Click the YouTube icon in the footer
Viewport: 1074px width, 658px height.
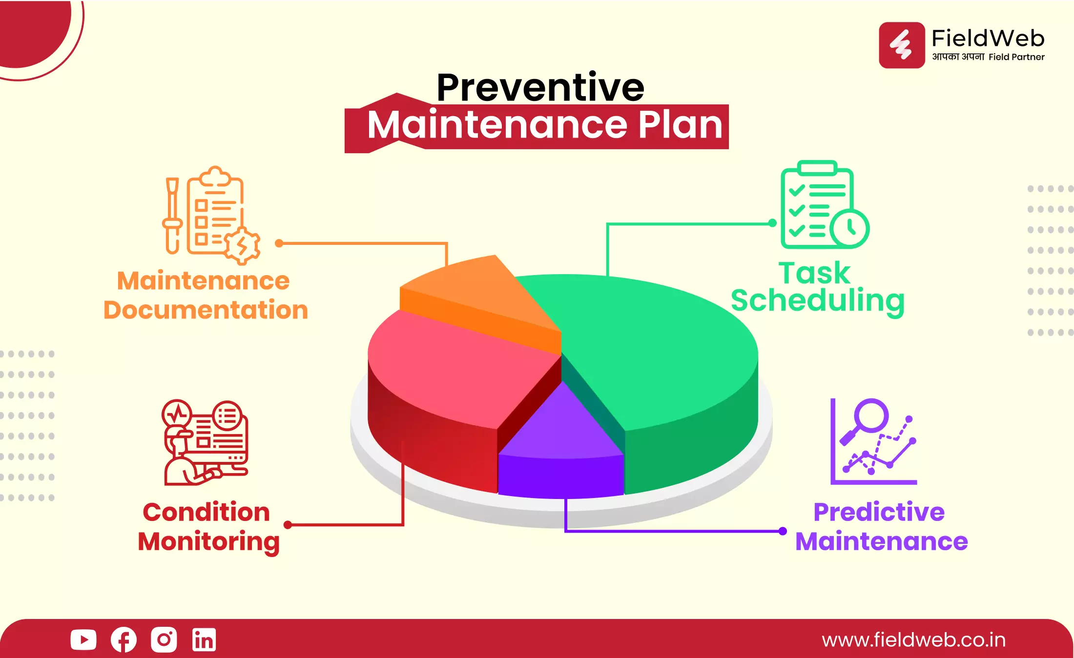pos(83,639)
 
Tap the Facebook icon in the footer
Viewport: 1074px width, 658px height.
pos(124,639)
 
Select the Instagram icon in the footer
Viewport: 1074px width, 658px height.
pos(164,639)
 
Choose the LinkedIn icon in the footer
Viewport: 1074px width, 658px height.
pos(204,639)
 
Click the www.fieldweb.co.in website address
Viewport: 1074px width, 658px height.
pos(913,640)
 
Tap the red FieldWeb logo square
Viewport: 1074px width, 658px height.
pos(902,45)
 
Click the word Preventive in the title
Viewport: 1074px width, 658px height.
pos(540,88)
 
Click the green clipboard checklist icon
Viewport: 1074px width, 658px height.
pos(824,205)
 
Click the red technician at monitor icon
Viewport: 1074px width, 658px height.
pos(205,442)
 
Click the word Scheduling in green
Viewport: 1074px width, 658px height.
pos(818,301)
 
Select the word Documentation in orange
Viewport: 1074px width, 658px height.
pos(206,310)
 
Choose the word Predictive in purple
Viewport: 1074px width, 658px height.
pos(879,512)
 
